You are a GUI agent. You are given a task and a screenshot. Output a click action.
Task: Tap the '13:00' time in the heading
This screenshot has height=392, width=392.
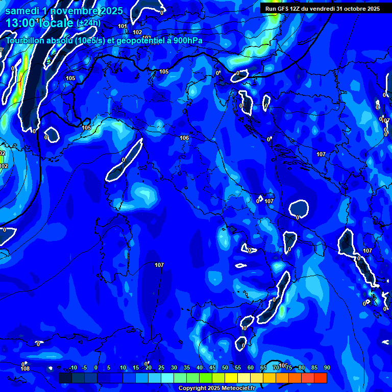[20, 23]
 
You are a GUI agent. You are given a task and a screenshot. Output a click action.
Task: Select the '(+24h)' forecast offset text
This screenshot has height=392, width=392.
[88, 23]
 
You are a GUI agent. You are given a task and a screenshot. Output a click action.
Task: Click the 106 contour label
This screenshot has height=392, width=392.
[184, 138]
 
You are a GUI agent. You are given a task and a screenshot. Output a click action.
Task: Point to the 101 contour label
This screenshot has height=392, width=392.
[122, 26]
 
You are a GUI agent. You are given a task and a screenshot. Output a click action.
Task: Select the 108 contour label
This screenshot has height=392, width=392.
[25, 369]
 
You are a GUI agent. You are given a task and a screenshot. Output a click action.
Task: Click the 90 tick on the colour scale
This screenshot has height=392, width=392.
[327, 367]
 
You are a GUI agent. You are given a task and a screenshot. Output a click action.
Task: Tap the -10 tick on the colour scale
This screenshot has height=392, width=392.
[72, 367]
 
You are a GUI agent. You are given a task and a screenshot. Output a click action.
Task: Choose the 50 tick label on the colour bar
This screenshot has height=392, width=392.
[225, 367]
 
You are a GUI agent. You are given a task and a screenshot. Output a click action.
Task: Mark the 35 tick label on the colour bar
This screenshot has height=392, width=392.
[187, 367]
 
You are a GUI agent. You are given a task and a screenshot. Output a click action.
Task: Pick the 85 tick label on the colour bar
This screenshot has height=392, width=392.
[314, 367]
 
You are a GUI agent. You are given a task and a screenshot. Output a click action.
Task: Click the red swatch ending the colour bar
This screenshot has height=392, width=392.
[320, 378]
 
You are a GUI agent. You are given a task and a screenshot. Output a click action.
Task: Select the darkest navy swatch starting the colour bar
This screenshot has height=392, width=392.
[65, 378]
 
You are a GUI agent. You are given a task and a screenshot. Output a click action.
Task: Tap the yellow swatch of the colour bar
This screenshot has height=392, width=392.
[231, 378]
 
